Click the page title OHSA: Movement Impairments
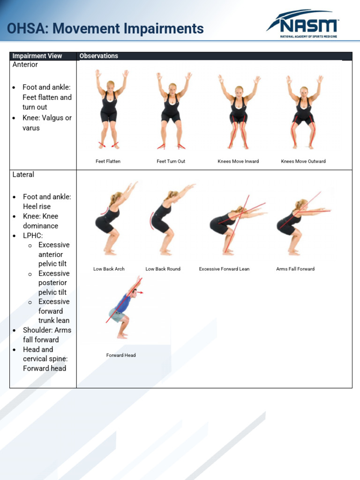(105, 29)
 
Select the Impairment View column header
(37, 56)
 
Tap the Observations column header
(99, 56)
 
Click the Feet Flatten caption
(108, 161)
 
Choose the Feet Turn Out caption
(171, 161)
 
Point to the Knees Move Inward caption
(238, 161)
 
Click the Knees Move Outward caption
(303, 161)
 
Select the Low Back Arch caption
(109, 269)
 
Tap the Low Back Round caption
(163, 269)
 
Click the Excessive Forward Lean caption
(224, 269)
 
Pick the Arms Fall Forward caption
(295, 269)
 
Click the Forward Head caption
(121, 355)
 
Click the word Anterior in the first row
(25, 65)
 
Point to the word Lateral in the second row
(23, 174)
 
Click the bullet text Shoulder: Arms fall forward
(47, 335)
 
